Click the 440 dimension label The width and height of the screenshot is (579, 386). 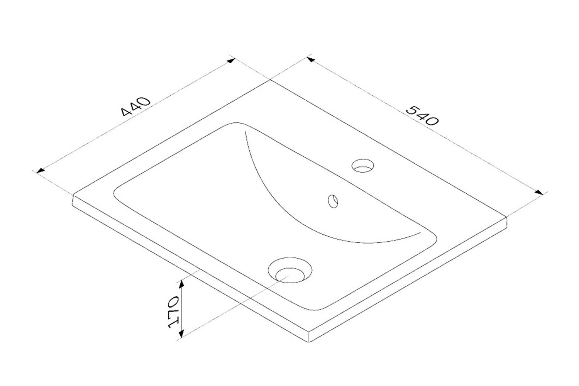coord(135,107)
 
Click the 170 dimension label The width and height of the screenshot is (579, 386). coord(173,312)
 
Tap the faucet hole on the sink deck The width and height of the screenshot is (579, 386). coord(363,166)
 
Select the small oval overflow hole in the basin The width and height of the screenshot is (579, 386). coord(333,201)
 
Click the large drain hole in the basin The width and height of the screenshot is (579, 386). coord(290,270)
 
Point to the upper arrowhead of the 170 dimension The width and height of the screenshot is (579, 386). coord(181,285)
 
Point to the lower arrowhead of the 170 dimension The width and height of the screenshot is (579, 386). coord(181,333)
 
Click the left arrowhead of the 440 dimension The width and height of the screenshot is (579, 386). coord(40,171)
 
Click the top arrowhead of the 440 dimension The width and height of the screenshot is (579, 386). coord(231,61)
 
